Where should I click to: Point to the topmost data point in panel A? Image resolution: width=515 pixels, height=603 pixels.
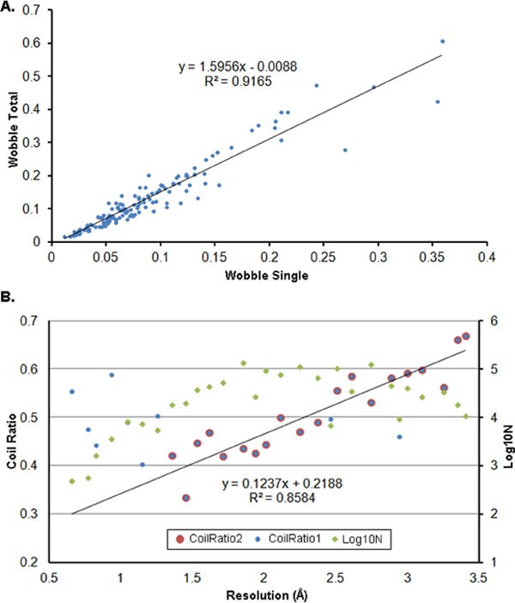[442, 41]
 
